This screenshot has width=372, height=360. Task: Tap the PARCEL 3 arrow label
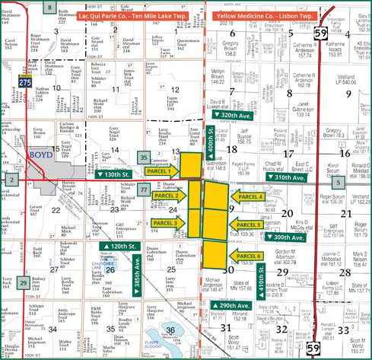[x=165, y=223]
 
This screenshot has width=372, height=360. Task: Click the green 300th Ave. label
[x=282, y=237]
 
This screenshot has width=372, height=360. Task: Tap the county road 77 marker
[x=144, y=189]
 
